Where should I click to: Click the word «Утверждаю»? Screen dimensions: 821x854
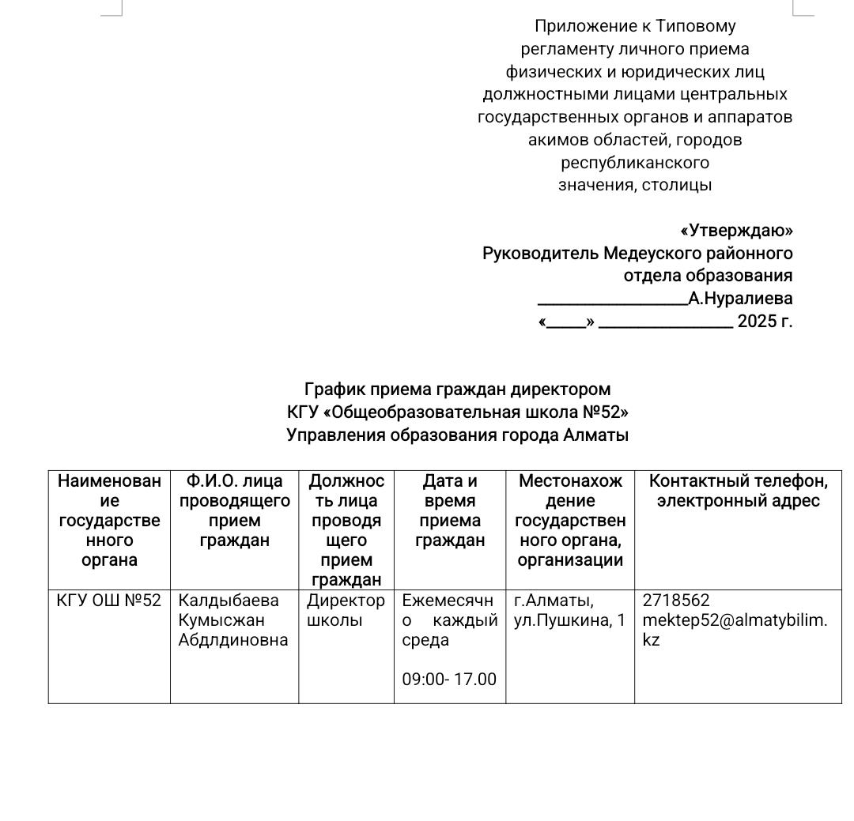point(736,231)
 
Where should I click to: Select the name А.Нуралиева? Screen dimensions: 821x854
point(740,299)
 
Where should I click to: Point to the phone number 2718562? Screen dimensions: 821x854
point(676,601)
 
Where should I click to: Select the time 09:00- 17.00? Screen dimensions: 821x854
point(449,679)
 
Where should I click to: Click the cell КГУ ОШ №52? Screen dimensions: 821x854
point(109,601)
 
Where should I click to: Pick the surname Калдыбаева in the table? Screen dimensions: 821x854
point(229,601)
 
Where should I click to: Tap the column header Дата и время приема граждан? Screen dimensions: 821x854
point(450,510)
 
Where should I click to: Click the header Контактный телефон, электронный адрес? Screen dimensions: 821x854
point(738,491)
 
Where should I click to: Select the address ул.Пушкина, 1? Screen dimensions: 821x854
point(569,620)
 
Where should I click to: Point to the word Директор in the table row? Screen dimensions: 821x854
point(346,601)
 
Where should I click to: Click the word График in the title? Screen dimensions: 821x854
point(332,390)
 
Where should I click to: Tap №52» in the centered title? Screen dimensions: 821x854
point(604,412)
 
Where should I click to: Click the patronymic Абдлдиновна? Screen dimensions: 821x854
point(233,640)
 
